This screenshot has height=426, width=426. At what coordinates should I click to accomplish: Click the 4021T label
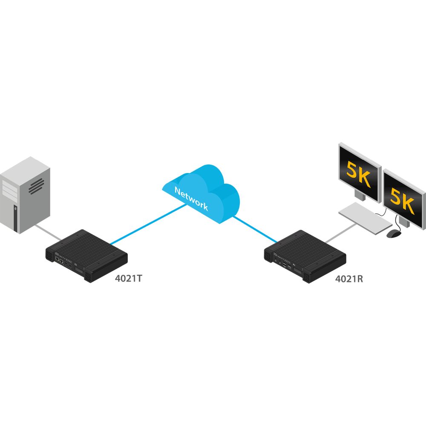(129, 279)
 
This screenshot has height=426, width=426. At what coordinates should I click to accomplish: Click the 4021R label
(349, 279)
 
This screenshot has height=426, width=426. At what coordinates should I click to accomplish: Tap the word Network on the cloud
(191, 199)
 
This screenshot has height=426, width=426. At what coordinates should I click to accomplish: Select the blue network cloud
(201, 193)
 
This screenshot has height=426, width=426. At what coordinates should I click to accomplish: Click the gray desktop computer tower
(25, 195)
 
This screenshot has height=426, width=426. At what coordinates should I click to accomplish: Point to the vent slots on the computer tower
(36, 187)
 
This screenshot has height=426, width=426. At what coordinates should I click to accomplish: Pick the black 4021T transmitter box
(86, 256)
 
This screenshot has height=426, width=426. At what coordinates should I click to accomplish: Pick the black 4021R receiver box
(305, 256)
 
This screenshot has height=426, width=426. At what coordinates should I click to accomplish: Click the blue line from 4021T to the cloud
(148, 224)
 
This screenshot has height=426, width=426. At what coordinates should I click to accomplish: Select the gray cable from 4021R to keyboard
(341, 233)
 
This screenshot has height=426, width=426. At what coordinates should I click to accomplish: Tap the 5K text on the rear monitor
(358, 174)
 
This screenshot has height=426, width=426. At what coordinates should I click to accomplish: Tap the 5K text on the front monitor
(402, 200)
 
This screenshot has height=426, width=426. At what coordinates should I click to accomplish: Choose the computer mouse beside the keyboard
(393, 233)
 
